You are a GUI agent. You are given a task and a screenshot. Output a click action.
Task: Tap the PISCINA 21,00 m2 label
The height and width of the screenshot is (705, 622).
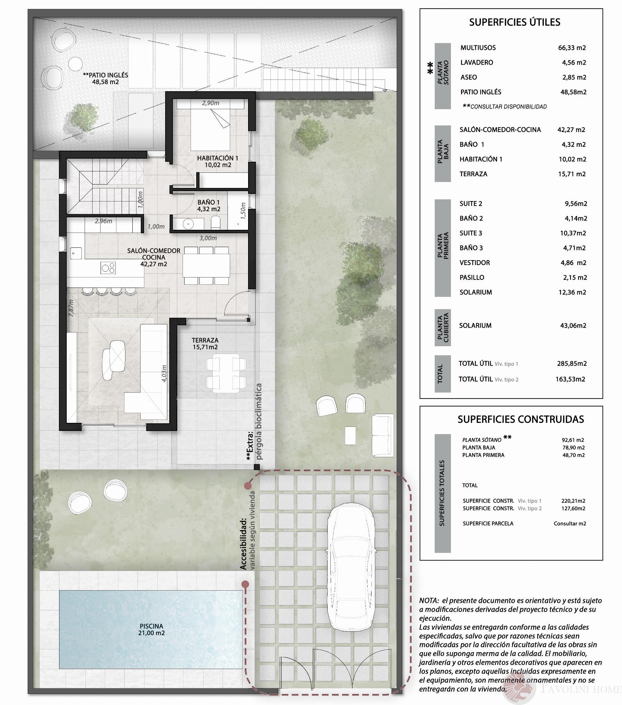(x=151, y=629)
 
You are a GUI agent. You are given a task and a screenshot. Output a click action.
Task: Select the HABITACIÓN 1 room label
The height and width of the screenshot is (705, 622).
(x=218, y=161)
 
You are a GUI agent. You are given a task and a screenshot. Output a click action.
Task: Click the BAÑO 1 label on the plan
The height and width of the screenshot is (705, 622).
(x=208, y=206)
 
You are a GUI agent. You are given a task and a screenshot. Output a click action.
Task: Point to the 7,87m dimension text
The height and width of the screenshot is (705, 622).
(x=71, y=308)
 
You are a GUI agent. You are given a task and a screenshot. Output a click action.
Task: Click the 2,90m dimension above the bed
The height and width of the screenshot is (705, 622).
(x=210, y=103)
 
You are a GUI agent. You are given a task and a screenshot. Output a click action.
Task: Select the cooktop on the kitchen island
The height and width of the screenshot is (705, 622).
(x=108, y=268)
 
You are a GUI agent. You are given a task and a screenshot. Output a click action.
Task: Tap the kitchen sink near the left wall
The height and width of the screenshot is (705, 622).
(x=76, y=253)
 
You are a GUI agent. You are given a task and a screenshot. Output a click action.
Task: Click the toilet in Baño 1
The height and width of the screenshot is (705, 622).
(x=216, y=223)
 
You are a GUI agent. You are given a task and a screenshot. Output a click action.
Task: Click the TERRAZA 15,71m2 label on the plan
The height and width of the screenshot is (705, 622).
(x=205, y=344)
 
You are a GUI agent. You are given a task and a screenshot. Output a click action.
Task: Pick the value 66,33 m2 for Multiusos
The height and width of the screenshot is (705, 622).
(x=572, y=48)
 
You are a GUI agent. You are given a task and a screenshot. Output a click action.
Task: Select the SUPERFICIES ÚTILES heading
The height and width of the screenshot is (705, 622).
(x=515, y=22)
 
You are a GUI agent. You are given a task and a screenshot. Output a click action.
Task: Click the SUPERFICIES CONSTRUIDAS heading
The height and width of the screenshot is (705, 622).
(x=520, y=419)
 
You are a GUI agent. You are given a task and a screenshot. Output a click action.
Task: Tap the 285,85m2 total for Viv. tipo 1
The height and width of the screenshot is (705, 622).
(x=572, y=364)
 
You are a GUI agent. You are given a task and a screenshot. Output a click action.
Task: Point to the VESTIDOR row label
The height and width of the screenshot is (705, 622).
(x=474, y=263)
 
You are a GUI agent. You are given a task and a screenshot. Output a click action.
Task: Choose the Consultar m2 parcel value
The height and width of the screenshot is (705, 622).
(x=569, y=524)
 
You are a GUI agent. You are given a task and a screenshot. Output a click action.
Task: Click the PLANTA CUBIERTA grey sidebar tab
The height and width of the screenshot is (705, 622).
(x=443, y=327)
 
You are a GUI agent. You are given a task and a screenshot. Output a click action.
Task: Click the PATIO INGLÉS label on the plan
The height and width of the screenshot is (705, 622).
(x=105, y=78)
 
